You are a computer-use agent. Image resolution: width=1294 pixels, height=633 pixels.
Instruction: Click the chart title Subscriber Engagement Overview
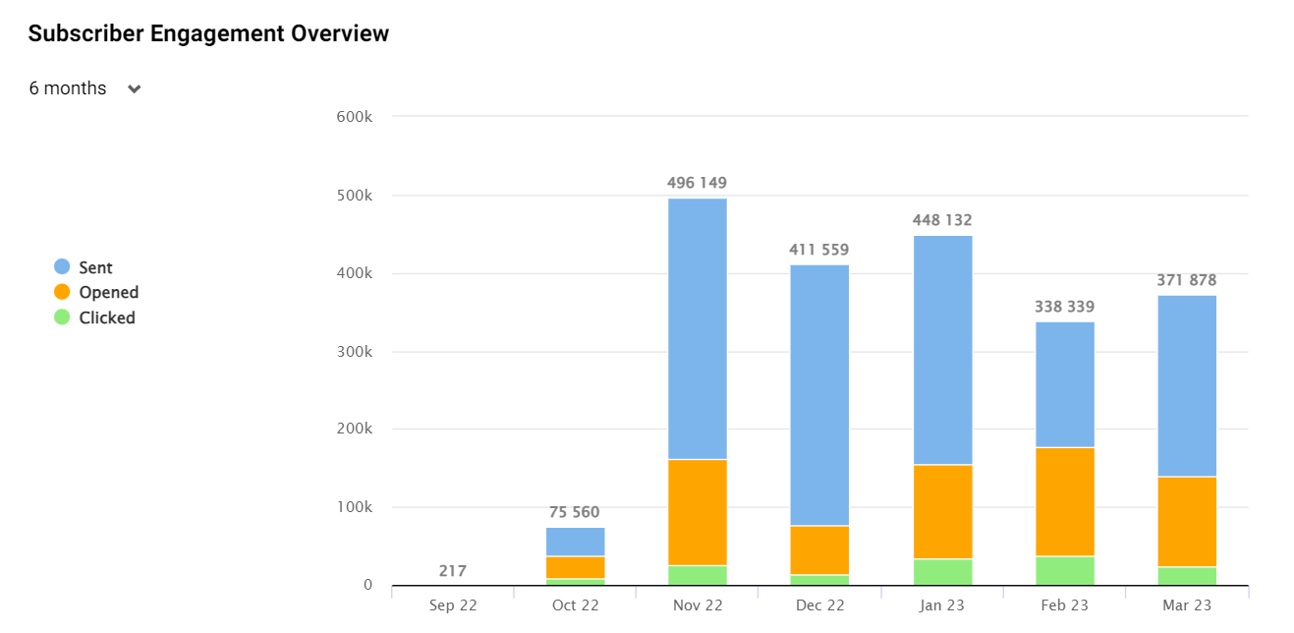[x=208, y=33]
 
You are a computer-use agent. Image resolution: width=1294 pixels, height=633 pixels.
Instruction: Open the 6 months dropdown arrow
[x=135, y=88]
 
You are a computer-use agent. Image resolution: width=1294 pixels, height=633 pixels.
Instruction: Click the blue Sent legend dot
[x=62, y=267]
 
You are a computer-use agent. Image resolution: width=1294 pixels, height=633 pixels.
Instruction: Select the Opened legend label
[x=108, y=292]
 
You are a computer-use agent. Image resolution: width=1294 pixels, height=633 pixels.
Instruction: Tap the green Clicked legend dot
[x=62, y=317]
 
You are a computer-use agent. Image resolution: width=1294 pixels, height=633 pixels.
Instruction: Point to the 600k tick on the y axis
[x=354, y=117]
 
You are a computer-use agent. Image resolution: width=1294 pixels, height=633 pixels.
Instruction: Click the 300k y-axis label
[x=354, y=351]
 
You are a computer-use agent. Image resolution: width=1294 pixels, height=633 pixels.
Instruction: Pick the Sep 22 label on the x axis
[x=452, y=605]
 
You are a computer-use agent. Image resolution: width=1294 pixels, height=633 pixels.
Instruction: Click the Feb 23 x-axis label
[x=1065, y=605]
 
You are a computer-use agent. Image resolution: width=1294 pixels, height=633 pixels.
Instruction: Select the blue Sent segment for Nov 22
[x=698, y=328]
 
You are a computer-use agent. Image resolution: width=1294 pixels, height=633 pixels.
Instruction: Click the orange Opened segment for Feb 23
[x=1065, y=501]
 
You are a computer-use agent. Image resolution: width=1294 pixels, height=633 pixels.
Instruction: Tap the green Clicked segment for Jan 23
[x=942, y=572]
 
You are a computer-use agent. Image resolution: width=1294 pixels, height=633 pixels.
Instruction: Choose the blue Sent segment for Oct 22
[x=575, y=542]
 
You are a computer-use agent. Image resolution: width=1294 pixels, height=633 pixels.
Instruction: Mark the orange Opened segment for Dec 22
[x=819, y=549]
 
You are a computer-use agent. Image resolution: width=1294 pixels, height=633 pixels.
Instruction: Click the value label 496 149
[x=697, y=183]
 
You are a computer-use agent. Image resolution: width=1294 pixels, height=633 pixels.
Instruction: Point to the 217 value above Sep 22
[x=452, y=571]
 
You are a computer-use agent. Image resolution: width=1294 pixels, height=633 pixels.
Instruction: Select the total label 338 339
[x=1064, y=307]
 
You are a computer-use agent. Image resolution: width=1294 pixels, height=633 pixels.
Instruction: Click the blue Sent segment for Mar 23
[x=1187, y=385]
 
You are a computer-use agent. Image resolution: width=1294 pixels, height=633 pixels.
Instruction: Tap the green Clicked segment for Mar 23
[x=1187, y=576]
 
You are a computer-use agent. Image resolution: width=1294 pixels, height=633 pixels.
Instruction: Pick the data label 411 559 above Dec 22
[x=818, y=250]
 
